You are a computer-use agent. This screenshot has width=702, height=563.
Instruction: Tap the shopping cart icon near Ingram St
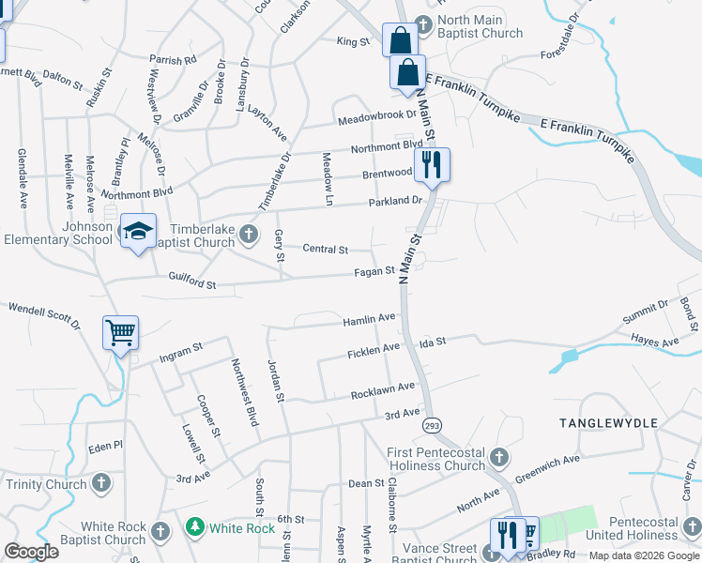121,332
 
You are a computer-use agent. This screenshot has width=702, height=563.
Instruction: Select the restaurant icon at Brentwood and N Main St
432,165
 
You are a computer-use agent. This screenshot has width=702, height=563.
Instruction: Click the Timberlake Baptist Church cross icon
248,233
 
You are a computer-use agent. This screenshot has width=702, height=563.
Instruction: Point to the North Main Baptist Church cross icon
422,23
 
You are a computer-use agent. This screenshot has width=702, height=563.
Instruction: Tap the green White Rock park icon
194,527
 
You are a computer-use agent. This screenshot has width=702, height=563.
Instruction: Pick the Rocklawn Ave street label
383,388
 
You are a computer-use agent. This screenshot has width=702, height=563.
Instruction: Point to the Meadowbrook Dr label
377,115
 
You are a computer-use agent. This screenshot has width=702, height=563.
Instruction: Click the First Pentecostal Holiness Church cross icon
499,458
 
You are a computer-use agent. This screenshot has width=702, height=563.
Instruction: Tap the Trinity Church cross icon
101,484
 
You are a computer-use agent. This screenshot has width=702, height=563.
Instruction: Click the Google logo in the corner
31,552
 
